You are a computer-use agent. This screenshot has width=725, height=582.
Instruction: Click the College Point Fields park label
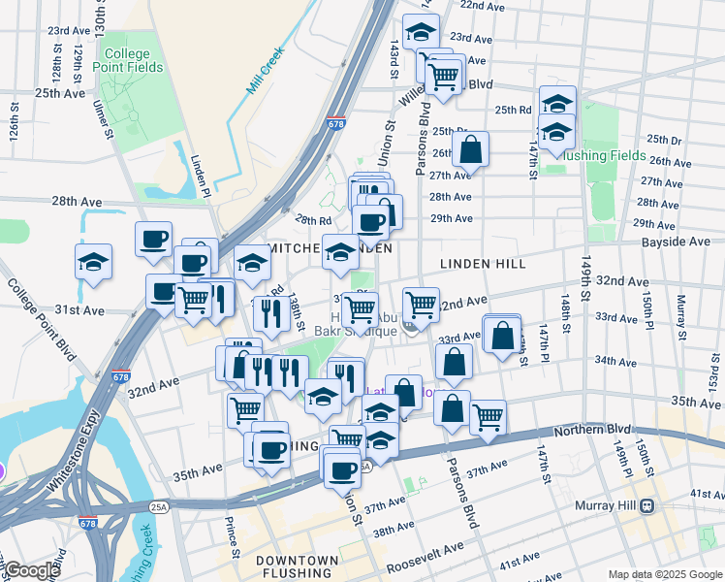121,60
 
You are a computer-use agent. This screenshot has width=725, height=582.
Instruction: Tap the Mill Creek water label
264,69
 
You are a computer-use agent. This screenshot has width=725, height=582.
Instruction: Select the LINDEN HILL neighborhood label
482,264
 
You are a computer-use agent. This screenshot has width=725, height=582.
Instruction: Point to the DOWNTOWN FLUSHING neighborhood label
298,567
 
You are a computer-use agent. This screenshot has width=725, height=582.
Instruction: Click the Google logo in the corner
32,570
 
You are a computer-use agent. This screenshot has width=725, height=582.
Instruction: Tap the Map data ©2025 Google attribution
664,574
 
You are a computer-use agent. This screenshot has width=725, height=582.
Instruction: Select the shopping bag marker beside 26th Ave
470,150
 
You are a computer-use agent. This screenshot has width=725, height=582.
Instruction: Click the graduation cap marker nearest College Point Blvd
94,262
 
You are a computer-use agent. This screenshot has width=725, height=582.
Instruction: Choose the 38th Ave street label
393,530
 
